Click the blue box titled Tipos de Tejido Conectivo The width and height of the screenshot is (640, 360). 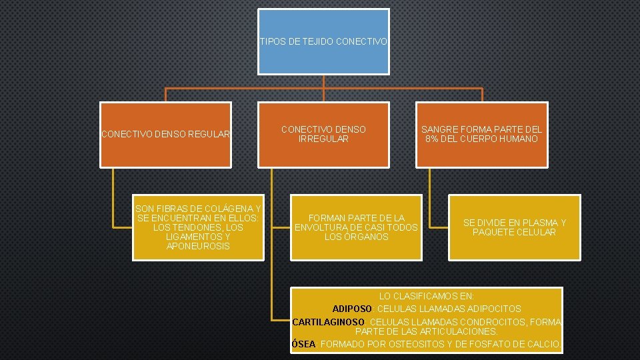[323, 41]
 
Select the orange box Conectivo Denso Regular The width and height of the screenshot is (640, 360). [165, 135]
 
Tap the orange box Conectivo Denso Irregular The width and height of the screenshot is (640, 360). [323, 134]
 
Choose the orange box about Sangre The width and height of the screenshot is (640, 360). [482, 134]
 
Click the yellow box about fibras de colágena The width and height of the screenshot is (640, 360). [198, 227]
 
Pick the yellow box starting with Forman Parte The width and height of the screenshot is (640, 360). [356, 227]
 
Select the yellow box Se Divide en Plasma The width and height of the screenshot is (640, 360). [514, 227]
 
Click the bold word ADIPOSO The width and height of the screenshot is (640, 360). [353, 309]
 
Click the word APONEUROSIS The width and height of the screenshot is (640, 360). [198, 246]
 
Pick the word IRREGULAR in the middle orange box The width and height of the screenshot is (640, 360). [323, 139]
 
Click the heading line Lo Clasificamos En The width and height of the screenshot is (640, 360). [426, 295]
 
